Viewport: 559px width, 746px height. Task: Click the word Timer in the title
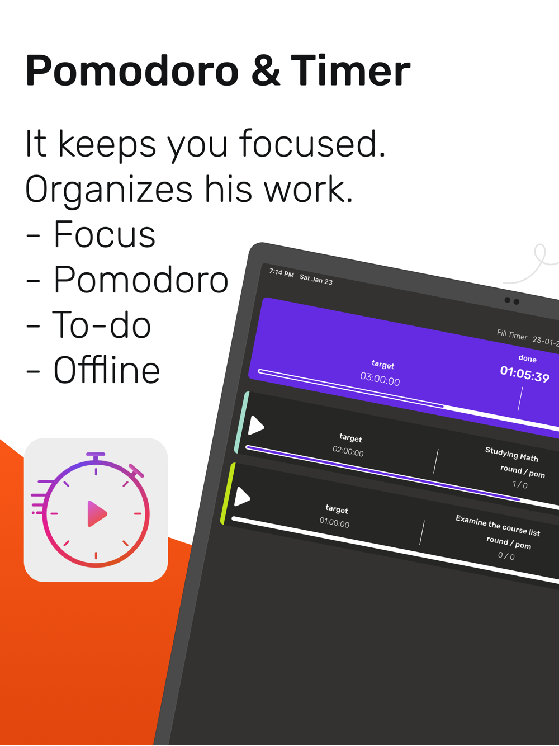[x=350, y=70]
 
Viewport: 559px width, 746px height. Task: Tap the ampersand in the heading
[x=266, y=70]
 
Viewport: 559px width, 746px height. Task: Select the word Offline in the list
[x=107, y=370]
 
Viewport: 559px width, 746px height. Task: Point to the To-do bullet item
[x=88, y=325]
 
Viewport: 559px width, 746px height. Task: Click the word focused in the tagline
[x=312, y=144]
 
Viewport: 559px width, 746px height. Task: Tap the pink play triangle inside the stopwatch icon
[x=97, y=513]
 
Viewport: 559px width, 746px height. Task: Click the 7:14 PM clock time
[x=282, y=272]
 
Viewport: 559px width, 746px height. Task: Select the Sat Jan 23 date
[x=316, y=280]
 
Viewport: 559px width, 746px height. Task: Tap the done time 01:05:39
[x=525, y=374]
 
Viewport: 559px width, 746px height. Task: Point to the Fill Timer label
[x=512, y=335]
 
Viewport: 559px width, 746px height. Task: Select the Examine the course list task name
[x=498, y=526]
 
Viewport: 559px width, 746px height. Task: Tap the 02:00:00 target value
[x=348, y=451]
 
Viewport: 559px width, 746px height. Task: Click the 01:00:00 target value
[x=334, y=522]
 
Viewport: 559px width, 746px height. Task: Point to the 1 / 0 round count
[x=520, y=484]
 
